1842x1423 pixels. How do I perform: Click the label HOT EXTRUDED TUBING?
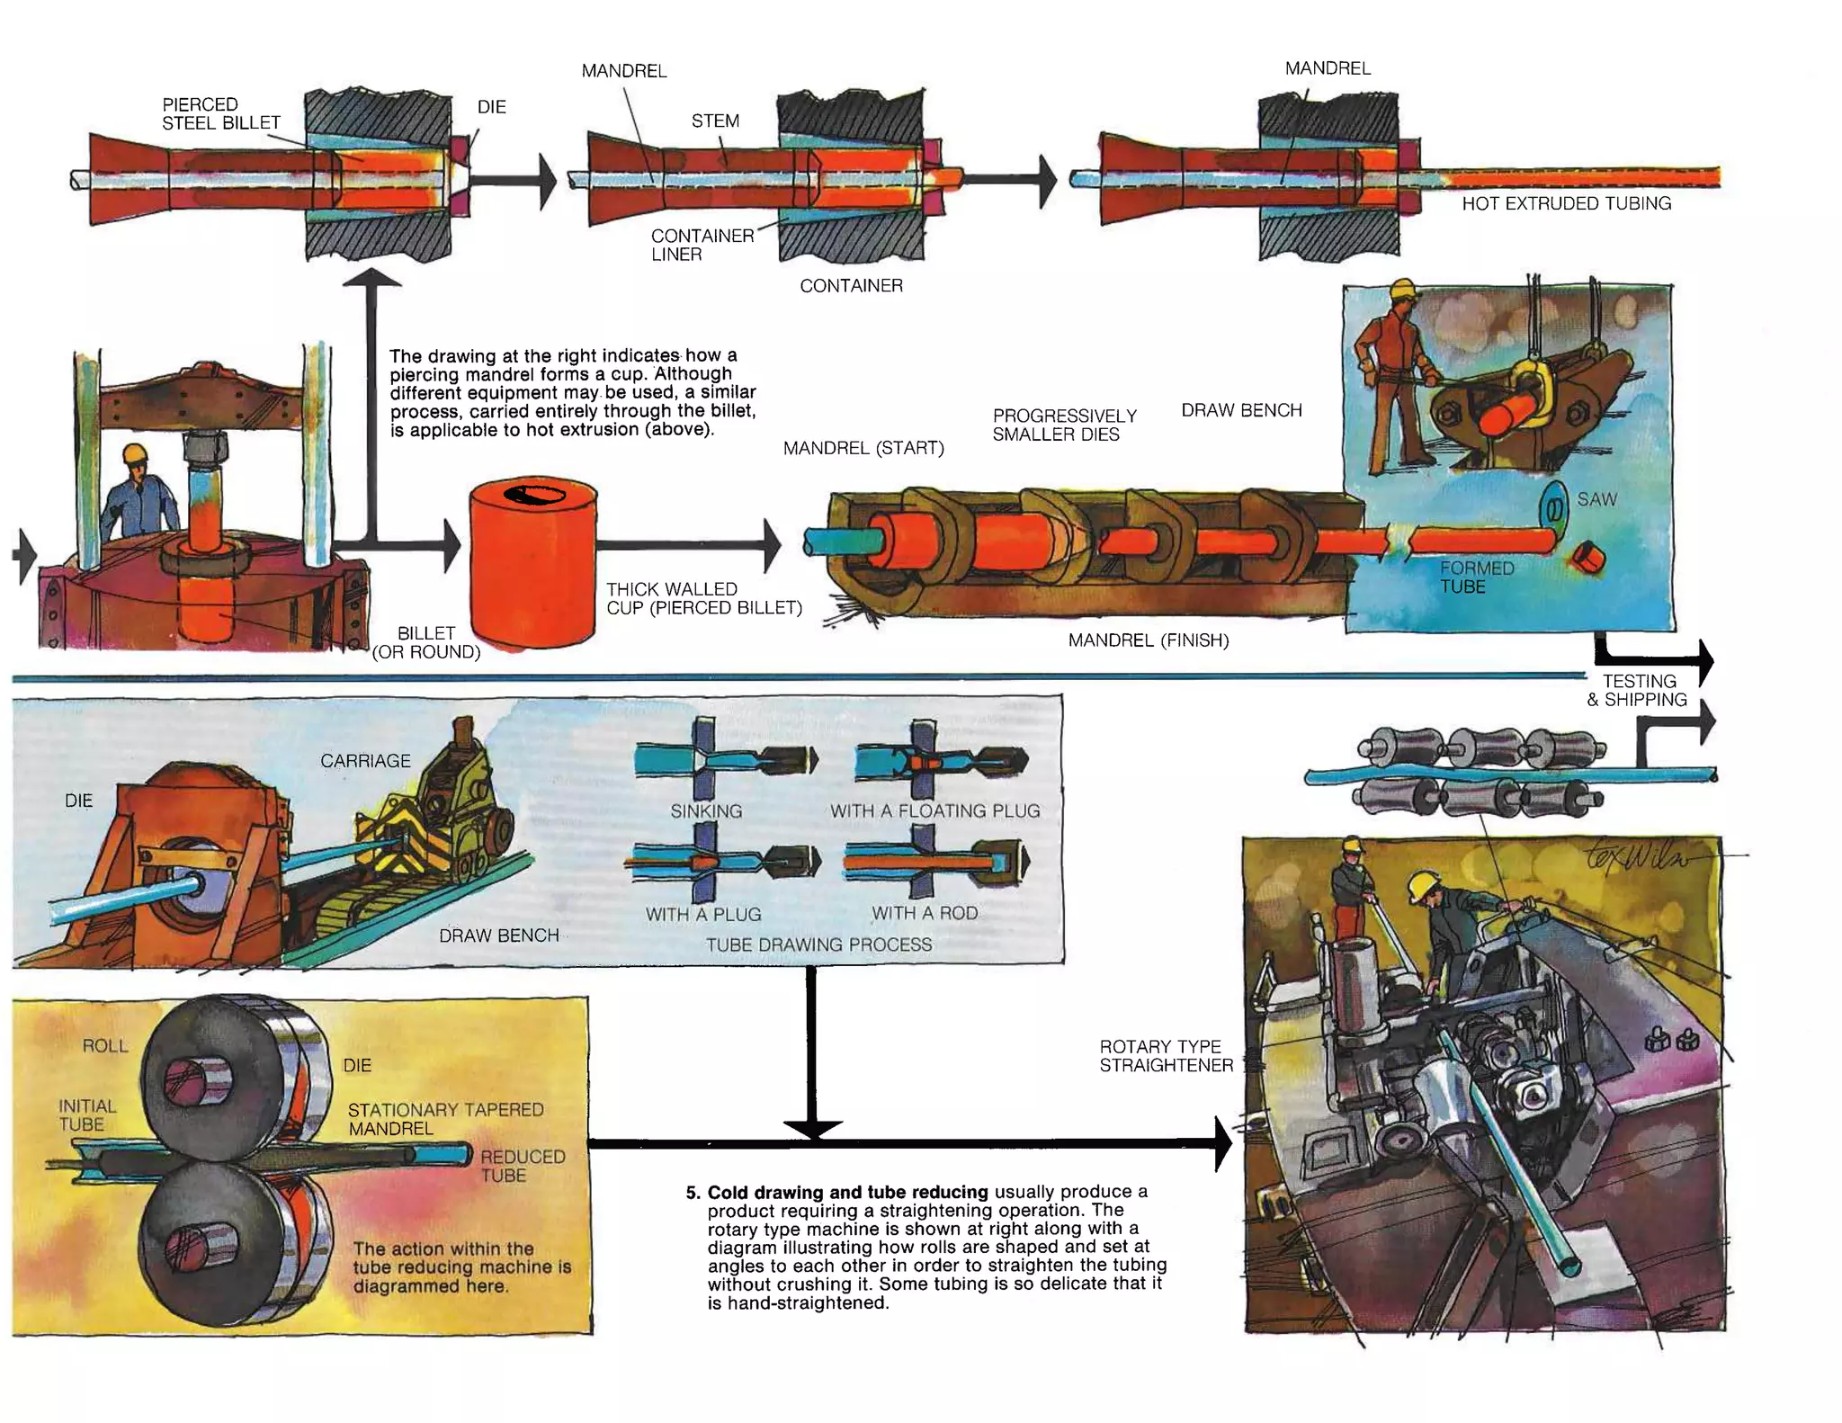point(1566,203)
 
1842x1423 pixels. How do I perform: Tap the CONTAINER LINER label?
point(702,245)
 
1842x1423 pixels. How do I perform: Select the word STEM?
point(715,121)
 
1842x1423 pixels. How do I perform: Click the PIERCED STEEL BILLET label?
point(220,113)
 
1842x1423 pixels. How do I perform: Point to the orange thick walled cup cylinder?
point(533,576)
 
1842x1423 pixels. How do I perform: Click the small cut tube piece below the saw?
point(1589,559)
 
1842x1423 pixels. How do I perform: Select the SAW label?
point(1596,499)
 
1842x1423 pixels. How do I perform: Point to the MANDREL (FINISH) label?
point(1148,640)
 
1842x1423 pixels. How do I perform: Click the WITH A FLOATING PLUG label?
point(934,810)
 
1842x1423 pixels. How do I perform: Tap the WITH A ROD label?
point(924,913)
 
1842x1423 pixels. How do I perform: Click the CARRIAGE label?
point(365,761)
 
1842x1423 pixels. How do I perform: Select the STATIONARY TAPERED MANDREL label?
point(445,1119)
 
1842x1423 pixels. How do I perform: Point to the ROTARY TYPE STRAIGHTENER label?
point(1166,1056)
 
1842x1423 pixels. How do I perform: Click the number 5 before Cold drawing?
point(692,1193)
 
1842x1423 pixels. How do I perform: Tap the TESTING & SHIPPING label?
point(1637,691)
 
